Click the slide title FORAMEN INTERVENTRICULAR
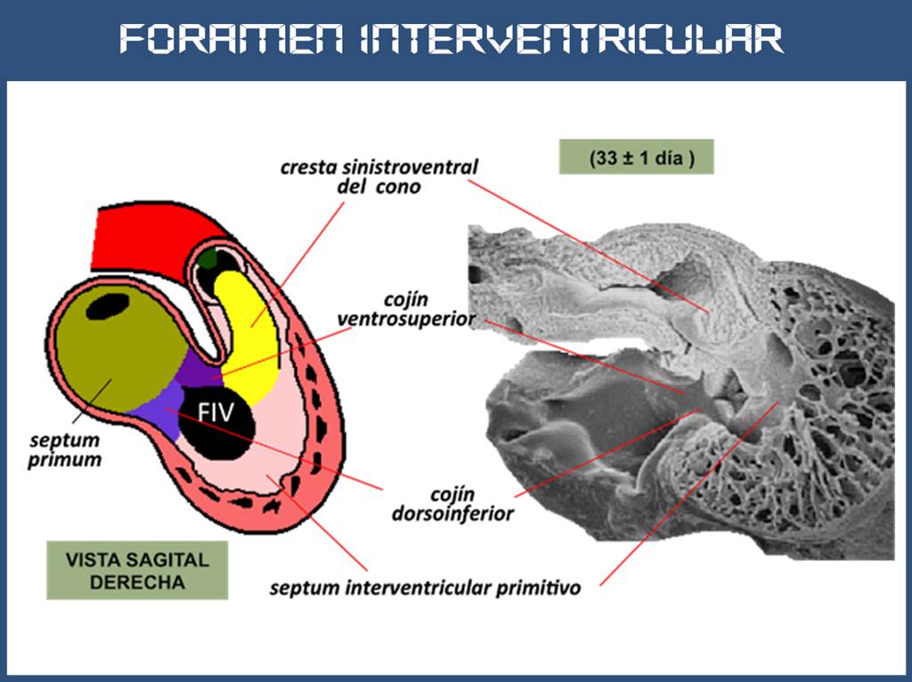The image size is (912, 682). [x=452, y=38]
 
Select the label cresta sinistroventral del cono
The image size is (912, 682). [x=379, y=176]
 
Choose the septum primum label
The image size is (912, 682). [x=65, y=450]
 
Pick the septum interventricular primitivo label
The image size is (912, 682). [x=426, y=589]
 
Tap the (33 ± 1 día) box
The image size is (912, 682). [x=636, y=158]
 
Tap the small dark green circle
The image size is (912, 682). [x=208, y=259]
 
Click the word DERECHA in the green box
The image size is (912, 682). [x=137, y=583]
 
